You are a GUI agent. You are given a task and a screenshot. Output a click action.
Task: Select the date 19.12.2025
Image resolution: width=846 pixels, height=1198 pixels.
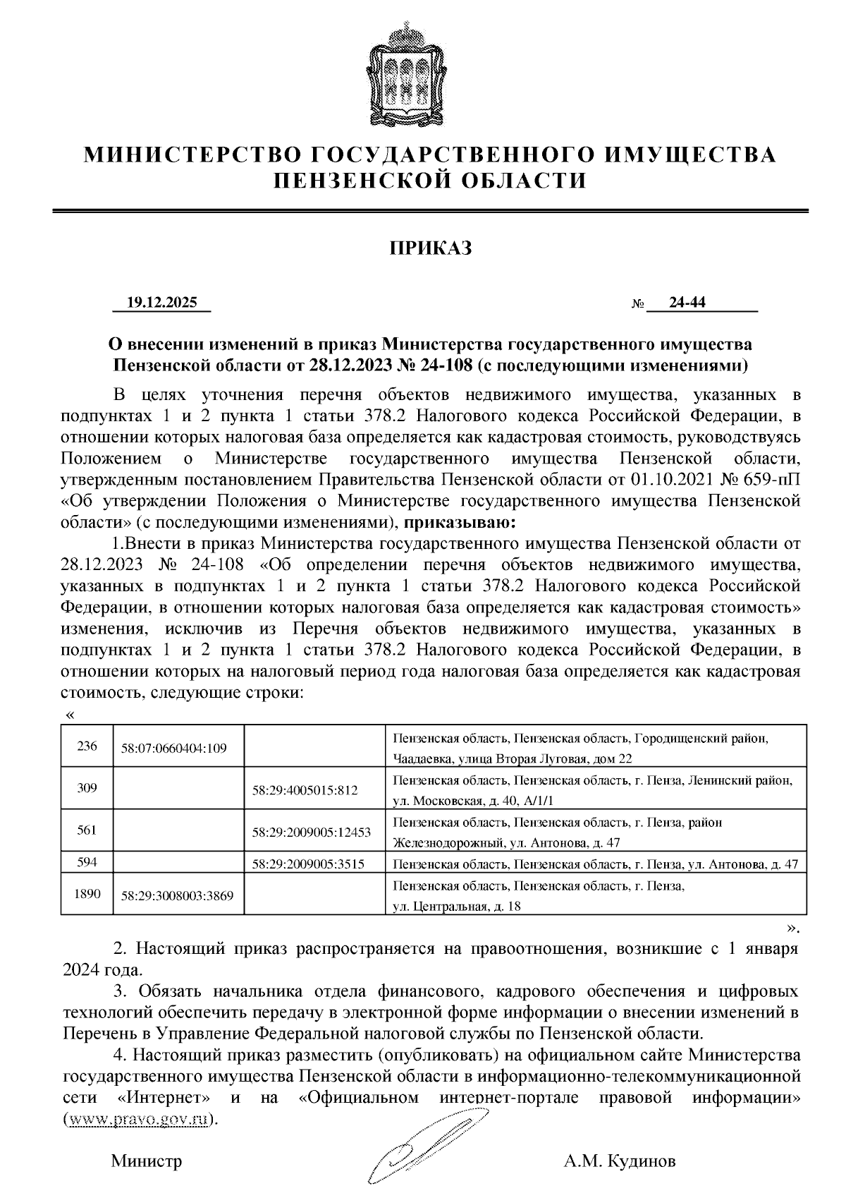click(162, 303)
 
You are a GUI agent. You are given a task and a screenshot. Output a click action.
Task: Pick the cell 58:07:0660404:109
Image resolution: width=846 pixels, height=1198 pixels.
click(173, 748)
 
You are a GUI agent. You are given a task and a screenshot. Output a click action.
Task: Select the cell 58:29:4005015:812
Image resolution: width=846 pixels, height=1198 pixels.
click(305, 789)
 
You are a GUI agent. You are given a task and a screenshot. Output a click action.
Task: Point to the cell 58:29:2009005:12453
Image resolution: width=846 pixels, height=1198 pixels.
click(312, 832)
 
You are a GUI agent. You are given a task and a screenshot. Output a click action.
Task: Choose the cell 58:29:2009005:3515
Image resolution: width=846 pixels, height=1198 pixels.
click(308, 862)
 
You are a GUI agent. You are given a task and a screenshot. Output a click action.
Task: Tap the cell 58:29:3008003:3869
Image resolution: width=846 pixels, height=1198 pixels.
click(177, 895)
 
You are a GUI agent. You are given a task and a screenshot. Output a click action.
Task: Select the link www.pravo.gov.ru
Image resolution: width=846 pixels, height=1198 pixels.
click(138, 1120)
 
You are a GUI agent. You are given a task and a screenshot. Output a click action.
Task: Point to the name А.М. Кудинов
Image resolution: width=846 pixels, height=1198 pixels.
click(619, 1161)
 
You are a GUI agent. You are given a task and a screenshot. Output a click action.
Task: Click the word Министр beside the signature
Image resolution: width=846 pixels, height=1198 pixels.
click(146, 1161)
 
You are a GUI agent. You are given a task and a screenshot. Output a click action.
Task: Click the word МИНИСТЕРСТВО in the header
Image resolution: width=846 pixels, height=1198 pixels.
click(192, 155)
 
